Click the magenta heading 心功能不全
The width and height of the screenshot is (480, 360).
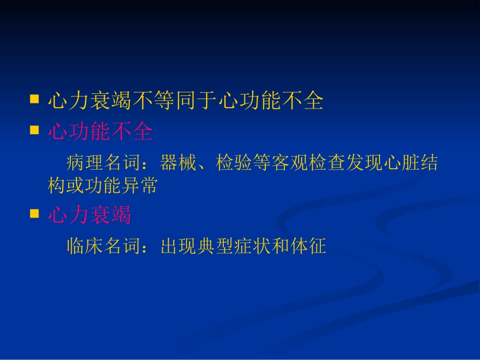point(100,132)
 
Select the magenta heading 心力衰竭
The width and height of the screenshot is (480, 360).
point(89,216)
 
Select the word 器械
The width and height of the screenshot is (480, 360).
point(179,164)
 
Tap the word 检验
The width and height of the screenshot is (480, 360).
point(234,164)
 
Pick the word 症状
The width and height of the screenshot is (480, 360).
point(253,246)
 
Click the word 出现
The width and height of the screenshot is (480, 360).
point(179,246)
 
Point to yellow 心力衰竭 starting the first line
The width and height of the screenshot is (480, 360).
point(89,101)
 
